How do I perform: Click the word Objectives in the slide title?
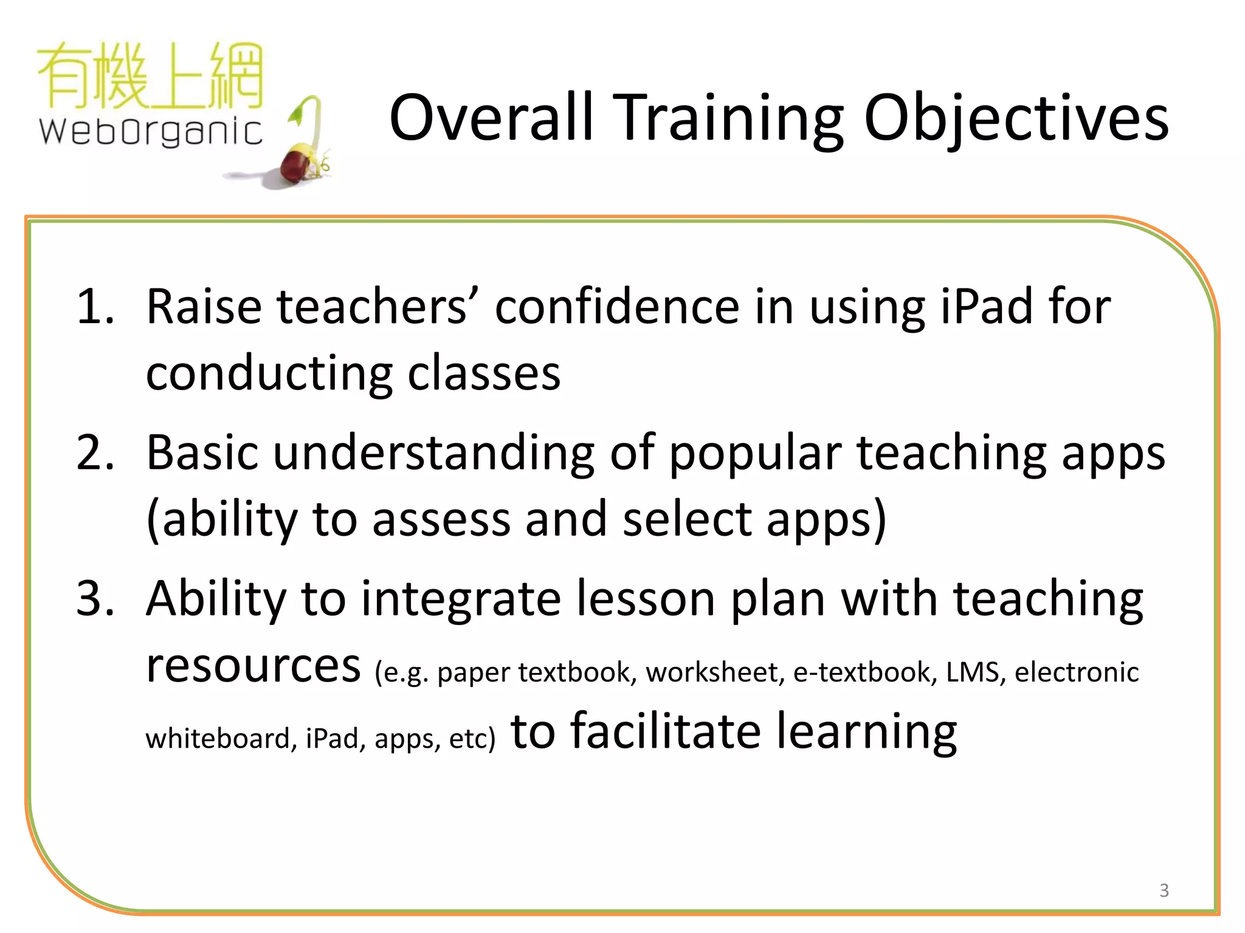[1016, 118]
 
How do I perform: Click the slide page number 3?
[1164, 890]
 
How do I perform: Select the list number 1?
[95, 306]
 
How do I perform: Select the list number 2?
[95, 453]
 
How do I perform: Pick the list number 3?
[95, 599]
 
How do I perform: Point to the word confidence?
[617, 306]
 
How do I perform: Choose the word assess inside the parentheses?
[441, 520]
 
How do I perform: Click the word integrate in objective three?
[461, 600]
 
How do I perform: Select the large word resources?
[253, 666]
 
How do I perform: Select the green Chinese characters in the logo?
[151, 76]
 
